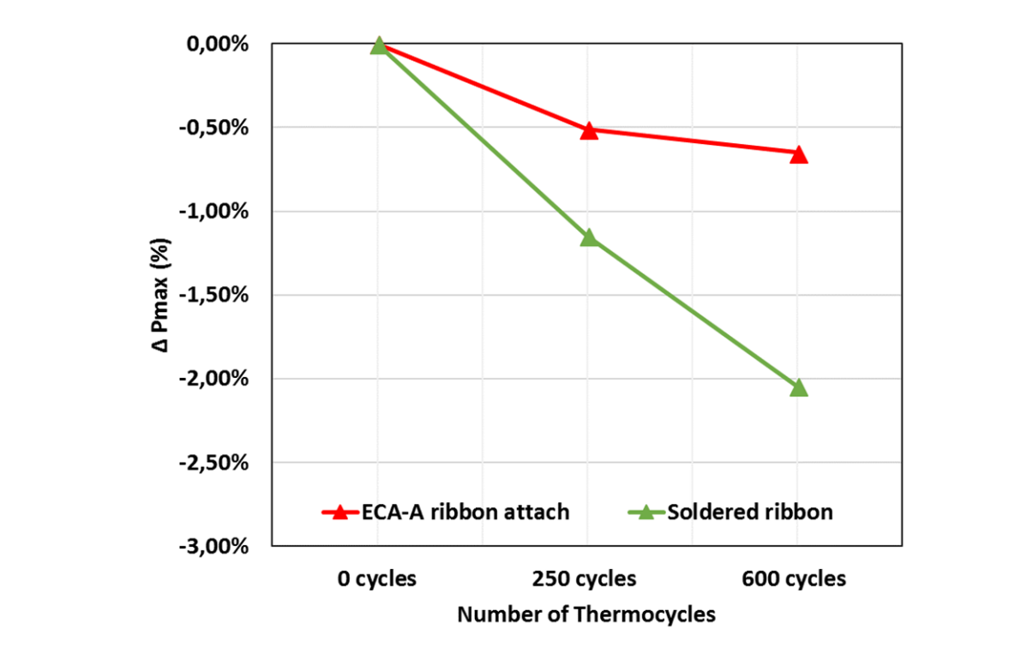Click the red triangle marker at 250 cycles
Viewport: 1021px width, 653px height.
[588, 131]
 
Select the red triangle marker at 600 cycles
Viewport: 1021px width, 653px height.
[798, 155]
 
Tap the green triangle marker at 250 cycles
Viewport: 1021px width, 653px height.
[588, 237]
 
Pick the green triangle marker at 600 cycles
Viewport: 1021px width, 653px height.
[798, 388]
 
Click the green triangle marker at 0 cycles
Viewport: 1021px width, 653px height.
[378, 45]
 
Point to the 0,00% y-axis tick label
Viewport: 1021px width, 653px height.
[218, 45]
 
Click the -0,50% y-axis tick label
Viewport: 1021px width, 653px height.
[215, 128]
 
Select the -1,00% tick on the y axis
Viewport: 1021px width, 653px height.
[215, 212]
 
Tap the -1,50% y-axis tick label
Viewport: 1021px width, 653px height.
[215, 296]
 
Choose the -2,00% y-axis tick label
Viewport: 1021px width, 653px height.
[215, 379]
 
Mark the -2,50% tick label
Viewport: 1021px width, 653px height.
[215, 463]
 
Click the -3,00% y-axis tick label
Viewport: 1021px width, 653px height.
[215, 547]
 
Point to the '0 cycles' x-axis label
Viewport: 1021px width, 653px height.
[377, 578]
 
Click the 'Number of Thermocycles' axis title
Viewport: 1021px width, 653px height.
[586, 614]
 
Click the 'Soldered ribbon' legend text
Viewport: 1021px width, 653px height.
[748, 512]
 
